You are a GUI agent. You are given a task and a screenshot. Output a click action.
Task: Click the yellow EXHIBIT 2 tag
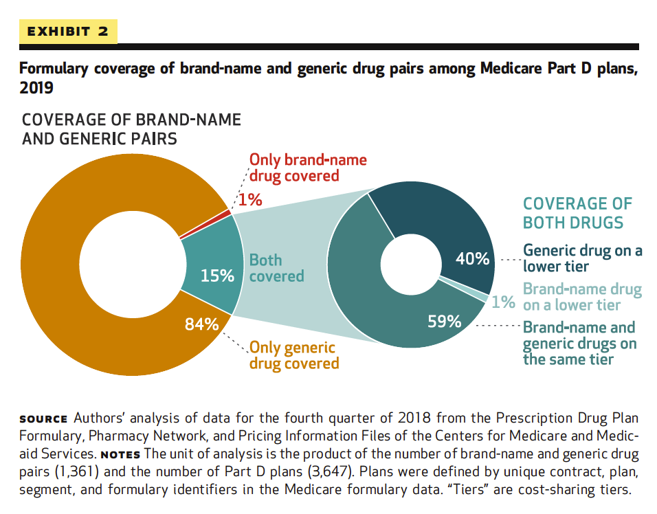tap(69, 32)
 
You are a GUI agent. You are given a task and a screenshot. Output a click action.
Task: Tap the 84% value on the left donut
tap(202, 324)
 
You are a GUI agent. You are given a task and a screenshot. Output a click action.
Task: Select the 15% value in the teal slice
tap(217, 276)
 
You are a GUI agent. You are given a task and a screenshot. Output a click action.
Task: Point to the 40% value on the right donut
tap(473, 259)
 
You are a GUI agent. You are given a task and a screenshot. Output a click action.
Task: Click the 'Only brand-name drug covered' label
tap(307, 168)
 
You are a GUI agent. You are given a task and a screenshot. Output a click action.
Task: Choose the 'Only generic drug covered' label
tap(293, 355)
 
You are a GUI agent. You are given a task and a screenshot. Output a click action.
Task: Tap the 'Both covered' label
tap(276, 268)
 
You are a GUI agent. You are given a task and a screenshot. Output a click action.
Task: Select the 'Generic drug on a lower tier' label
tap(582, 258)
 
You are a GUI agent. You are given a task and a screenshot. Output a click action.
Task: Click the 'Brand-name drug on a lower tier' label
tap(582, 297)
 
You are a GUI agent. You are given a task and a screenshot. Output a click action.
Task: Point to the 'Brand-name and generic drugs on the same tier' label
tap(579, 343)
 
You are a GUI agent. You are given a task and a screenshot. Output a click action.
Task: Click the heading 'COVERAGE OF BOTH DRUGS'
tap(577, 213)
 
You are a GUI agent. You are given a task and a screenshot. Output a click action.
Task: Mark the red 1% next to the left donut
tap(251, 200)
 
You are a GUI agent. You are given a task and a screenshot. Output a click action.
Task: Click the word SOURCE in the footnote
tap(43, 419)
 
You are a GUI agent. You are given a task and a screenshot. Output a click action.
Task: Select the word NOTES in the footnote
tap(121, 455)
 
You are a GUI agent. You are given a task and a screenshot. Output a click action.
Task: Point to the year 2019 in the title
tap(36, 89)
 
